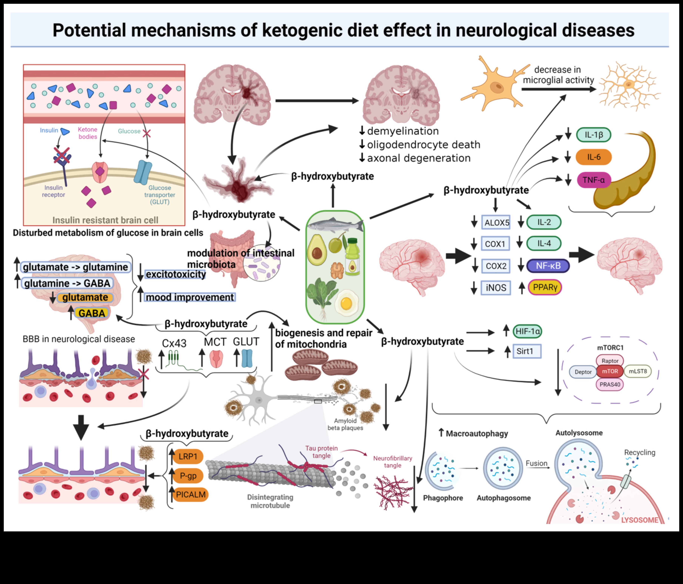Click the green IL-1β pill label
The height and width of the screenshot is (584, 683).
click(x=593, y=135)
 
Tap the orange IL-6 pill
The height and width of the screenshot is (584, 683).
click(x=593, y=157)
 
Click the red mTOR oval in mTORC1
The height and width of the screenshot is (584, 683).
click(x=610, y=371)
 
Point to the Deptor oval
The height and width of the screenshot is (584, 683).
click(x=583, y=372)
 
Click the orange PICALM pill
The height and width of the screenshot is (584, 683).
click(x=191, y=494)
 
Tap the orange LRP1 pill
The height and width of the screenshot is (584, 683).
click(x=188, y=457)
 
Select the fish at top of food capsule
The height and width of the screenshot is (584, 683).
click(x=335, y=225)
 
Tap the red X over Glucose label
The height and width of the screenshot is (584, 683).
click(x=146, y=133)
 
